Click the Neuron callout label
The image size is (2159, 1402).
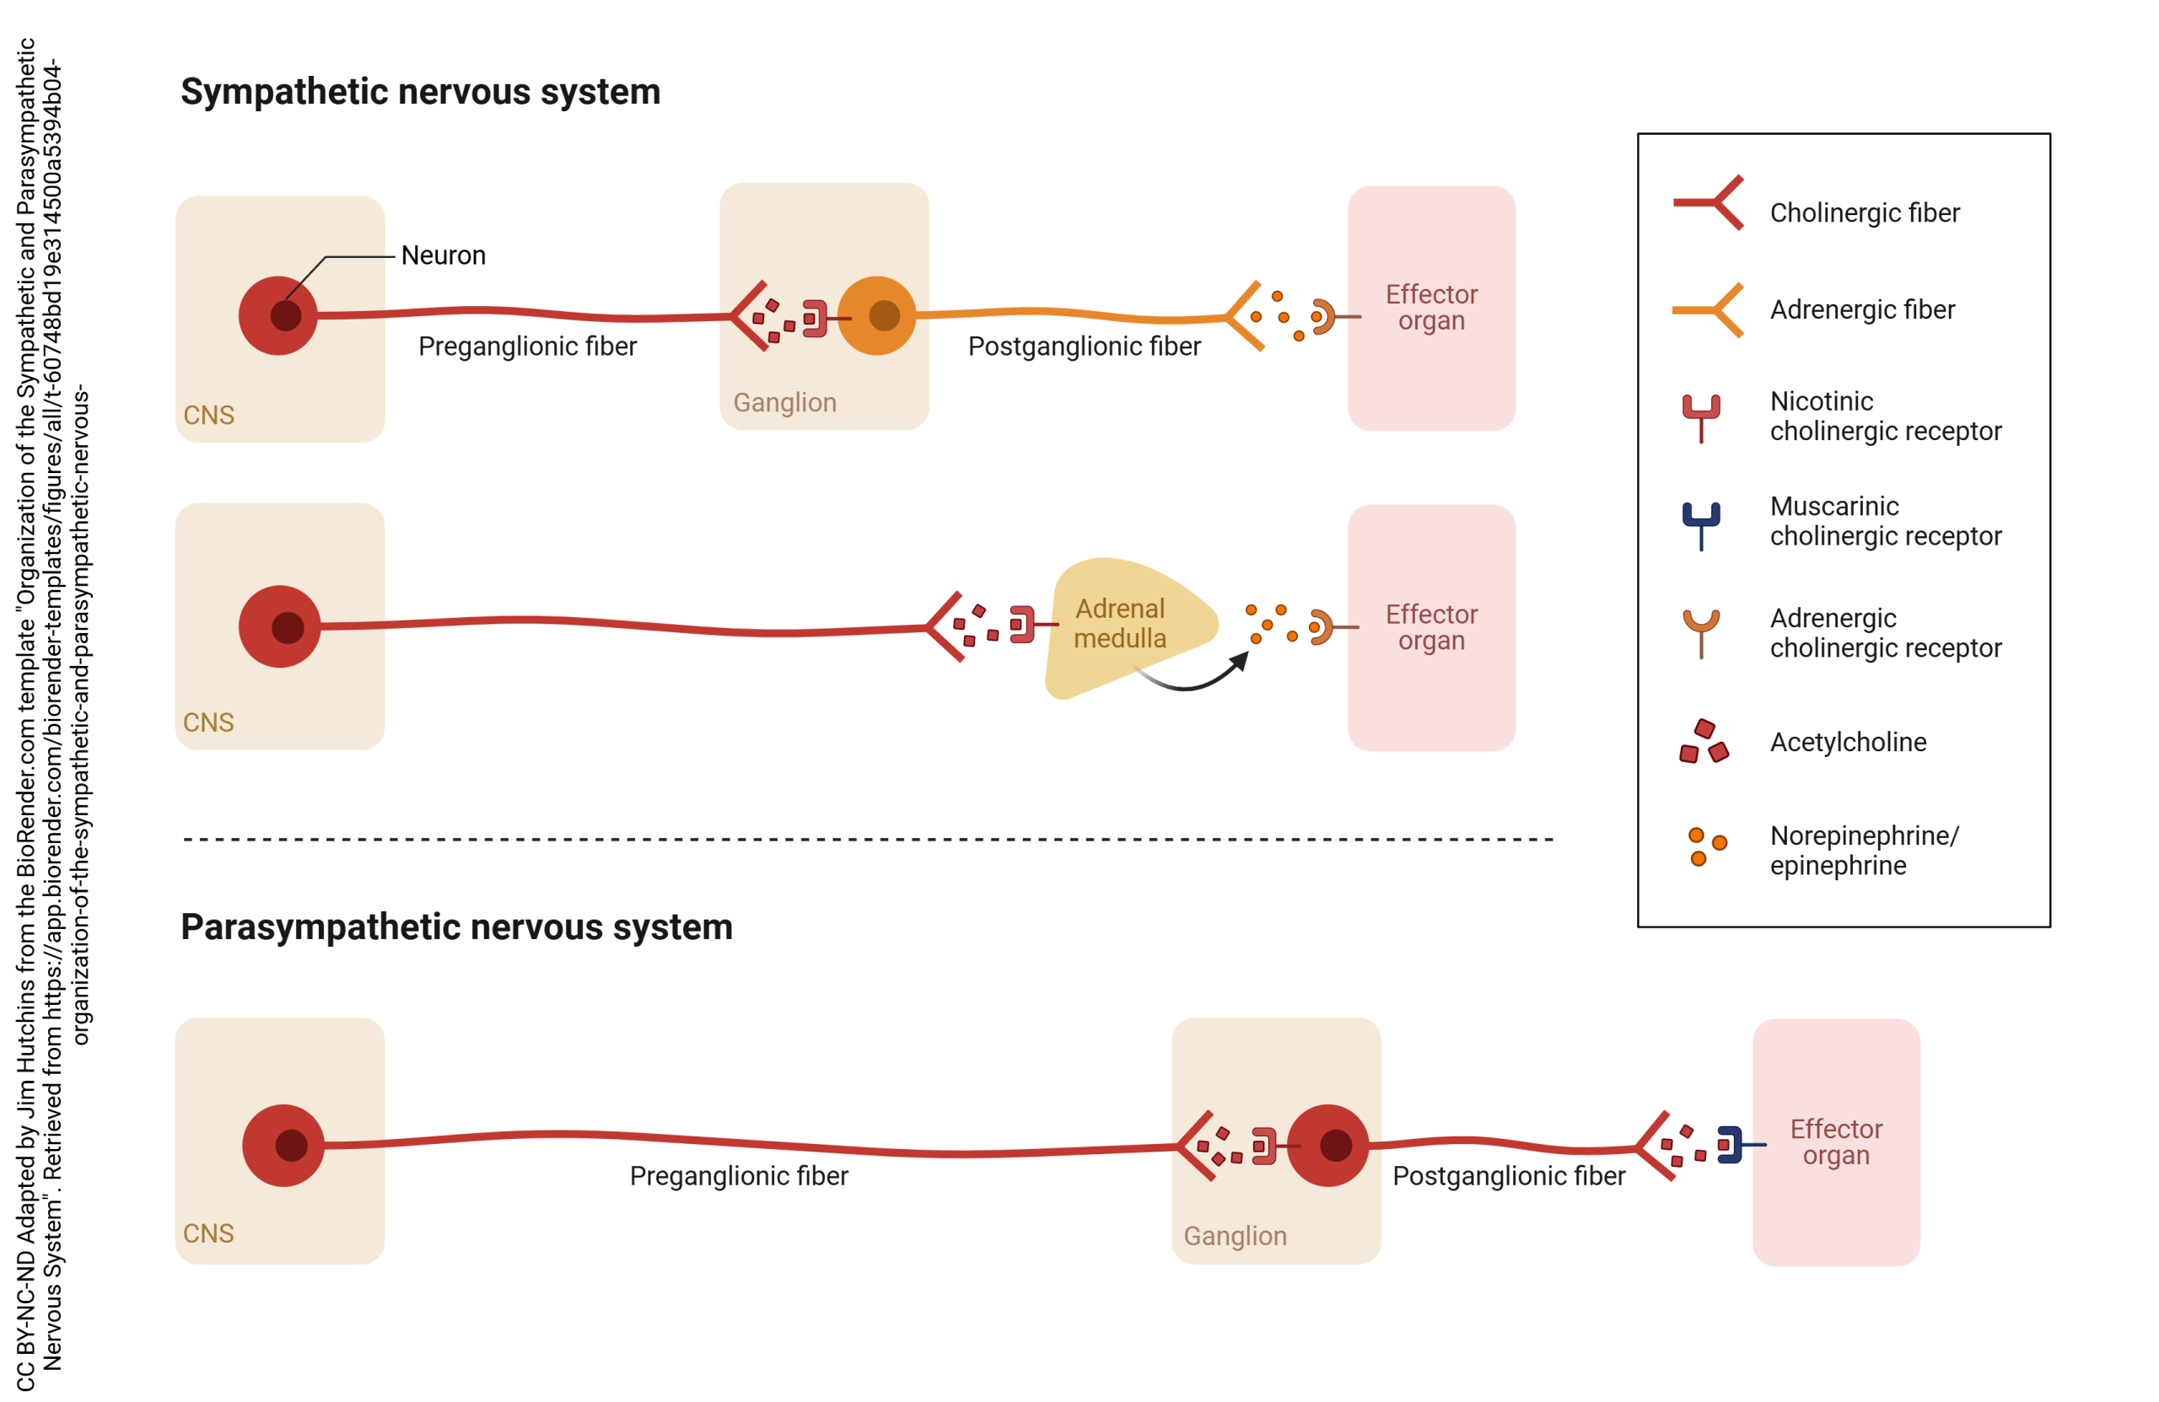(443, 255)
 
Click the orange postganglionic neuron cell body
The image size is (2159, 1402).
(876, 315)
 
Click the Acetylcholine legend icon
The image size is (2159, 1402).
(1704, 742)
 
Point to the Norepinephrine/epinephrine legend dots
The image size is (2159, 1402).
(1705, 846)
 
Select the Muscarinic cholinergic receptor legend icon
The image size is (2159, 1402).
(1701, 524)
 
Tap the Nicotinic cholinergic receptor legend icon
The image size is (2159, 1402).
(1701, 416)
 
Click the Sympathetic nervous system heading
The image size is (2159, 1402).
(420, 93)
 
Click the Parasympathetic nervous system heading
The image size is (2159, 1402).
(456, 927)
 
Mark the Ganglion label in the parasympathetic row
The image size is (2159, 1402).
(1235, 1236)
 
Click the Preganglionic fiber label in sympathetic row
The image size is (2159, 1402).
(527, 346)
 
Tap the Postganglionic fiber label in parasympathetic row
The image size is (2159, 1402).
(1509, 1176)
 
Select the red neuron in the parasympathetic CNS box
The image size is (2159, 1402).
(284, 1146)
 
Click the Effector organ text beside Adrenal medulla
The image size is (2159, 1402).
(1431, 626)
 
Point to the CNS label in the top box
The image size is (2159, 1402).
(208, 416)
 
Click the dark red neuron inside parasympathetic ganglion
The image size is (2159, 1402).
(1327, 1146)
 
